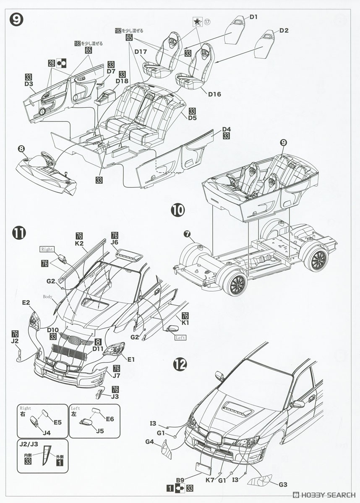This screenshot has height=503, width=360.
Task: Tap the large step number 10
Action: click(x=177, y=210)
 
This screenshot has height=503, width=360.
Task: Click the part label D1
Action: click(x=253, y=17)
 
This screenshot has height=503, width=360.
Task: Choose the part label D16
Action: click(x=214, y=94)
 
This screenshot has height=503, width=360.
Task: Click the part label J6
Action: click(x=115, y=242)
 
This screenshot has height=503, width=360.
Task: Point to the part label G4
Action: click(x=150, y=441)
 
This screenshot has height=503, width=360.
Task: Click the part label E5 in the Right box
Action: click(x=58, y=423)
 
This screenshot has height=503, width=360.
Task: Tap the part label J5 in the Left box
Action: click(x=99, y=430)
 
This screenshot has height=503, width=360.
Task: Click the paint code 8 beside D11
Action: click(x=98, y=342)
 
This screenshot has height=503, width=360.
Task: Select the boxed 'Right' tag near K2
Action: click(x=47, y=249)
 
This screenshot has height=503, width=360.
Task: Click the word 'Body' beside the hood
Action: click(x=47, y=297)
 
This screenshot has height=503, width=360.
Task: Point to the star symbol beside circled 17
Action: click(x=195, y=21)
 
